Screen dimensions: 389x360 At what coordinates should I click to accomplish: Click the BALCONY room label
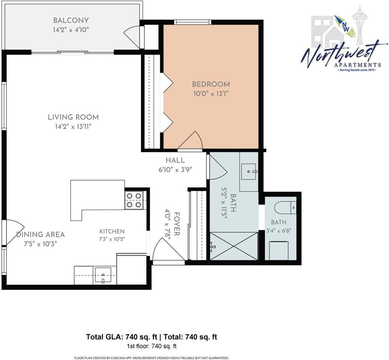click(71, 20)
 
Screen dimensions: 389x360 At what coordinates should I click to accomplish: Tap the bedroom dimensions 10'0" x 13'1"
click(210, 94)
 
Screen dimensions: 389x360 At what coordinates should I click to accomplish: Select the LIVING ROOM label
click(73, 117)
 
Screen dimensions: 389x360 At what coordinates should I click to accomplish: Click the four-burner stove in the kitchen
click(134, 200)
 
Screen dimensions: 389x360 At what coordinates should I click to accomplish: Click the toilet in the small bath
click(285, 207)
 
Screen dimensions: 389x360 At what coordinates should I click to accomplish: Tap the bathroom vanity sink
click(249, 171)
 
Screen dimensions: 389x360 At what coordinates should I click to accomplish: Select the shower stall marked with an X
click(233, 246)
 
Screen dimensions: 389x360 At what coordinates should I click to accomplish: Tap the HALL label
click(175, 160)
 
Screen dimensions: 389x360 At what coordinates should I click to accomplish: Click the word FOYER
click(176, 224)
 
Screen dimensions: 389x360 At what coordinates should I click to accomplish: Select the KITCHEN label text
click(112, 231)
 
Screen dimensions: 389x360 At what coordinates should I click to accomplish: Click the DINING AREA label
click(41, 234)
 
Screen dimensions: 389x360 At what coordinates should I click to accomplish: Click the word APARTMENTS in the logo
click(357, 65)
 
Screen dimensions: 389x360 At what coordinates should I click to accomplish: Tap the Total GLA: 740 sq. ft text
click(122, 337)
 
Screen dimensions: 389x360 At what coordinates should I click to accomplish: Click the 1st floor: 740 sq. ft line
click(152, 346)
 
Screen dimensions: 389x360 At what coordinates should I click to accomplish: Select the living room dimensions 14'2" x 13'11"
click(73, 127)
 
